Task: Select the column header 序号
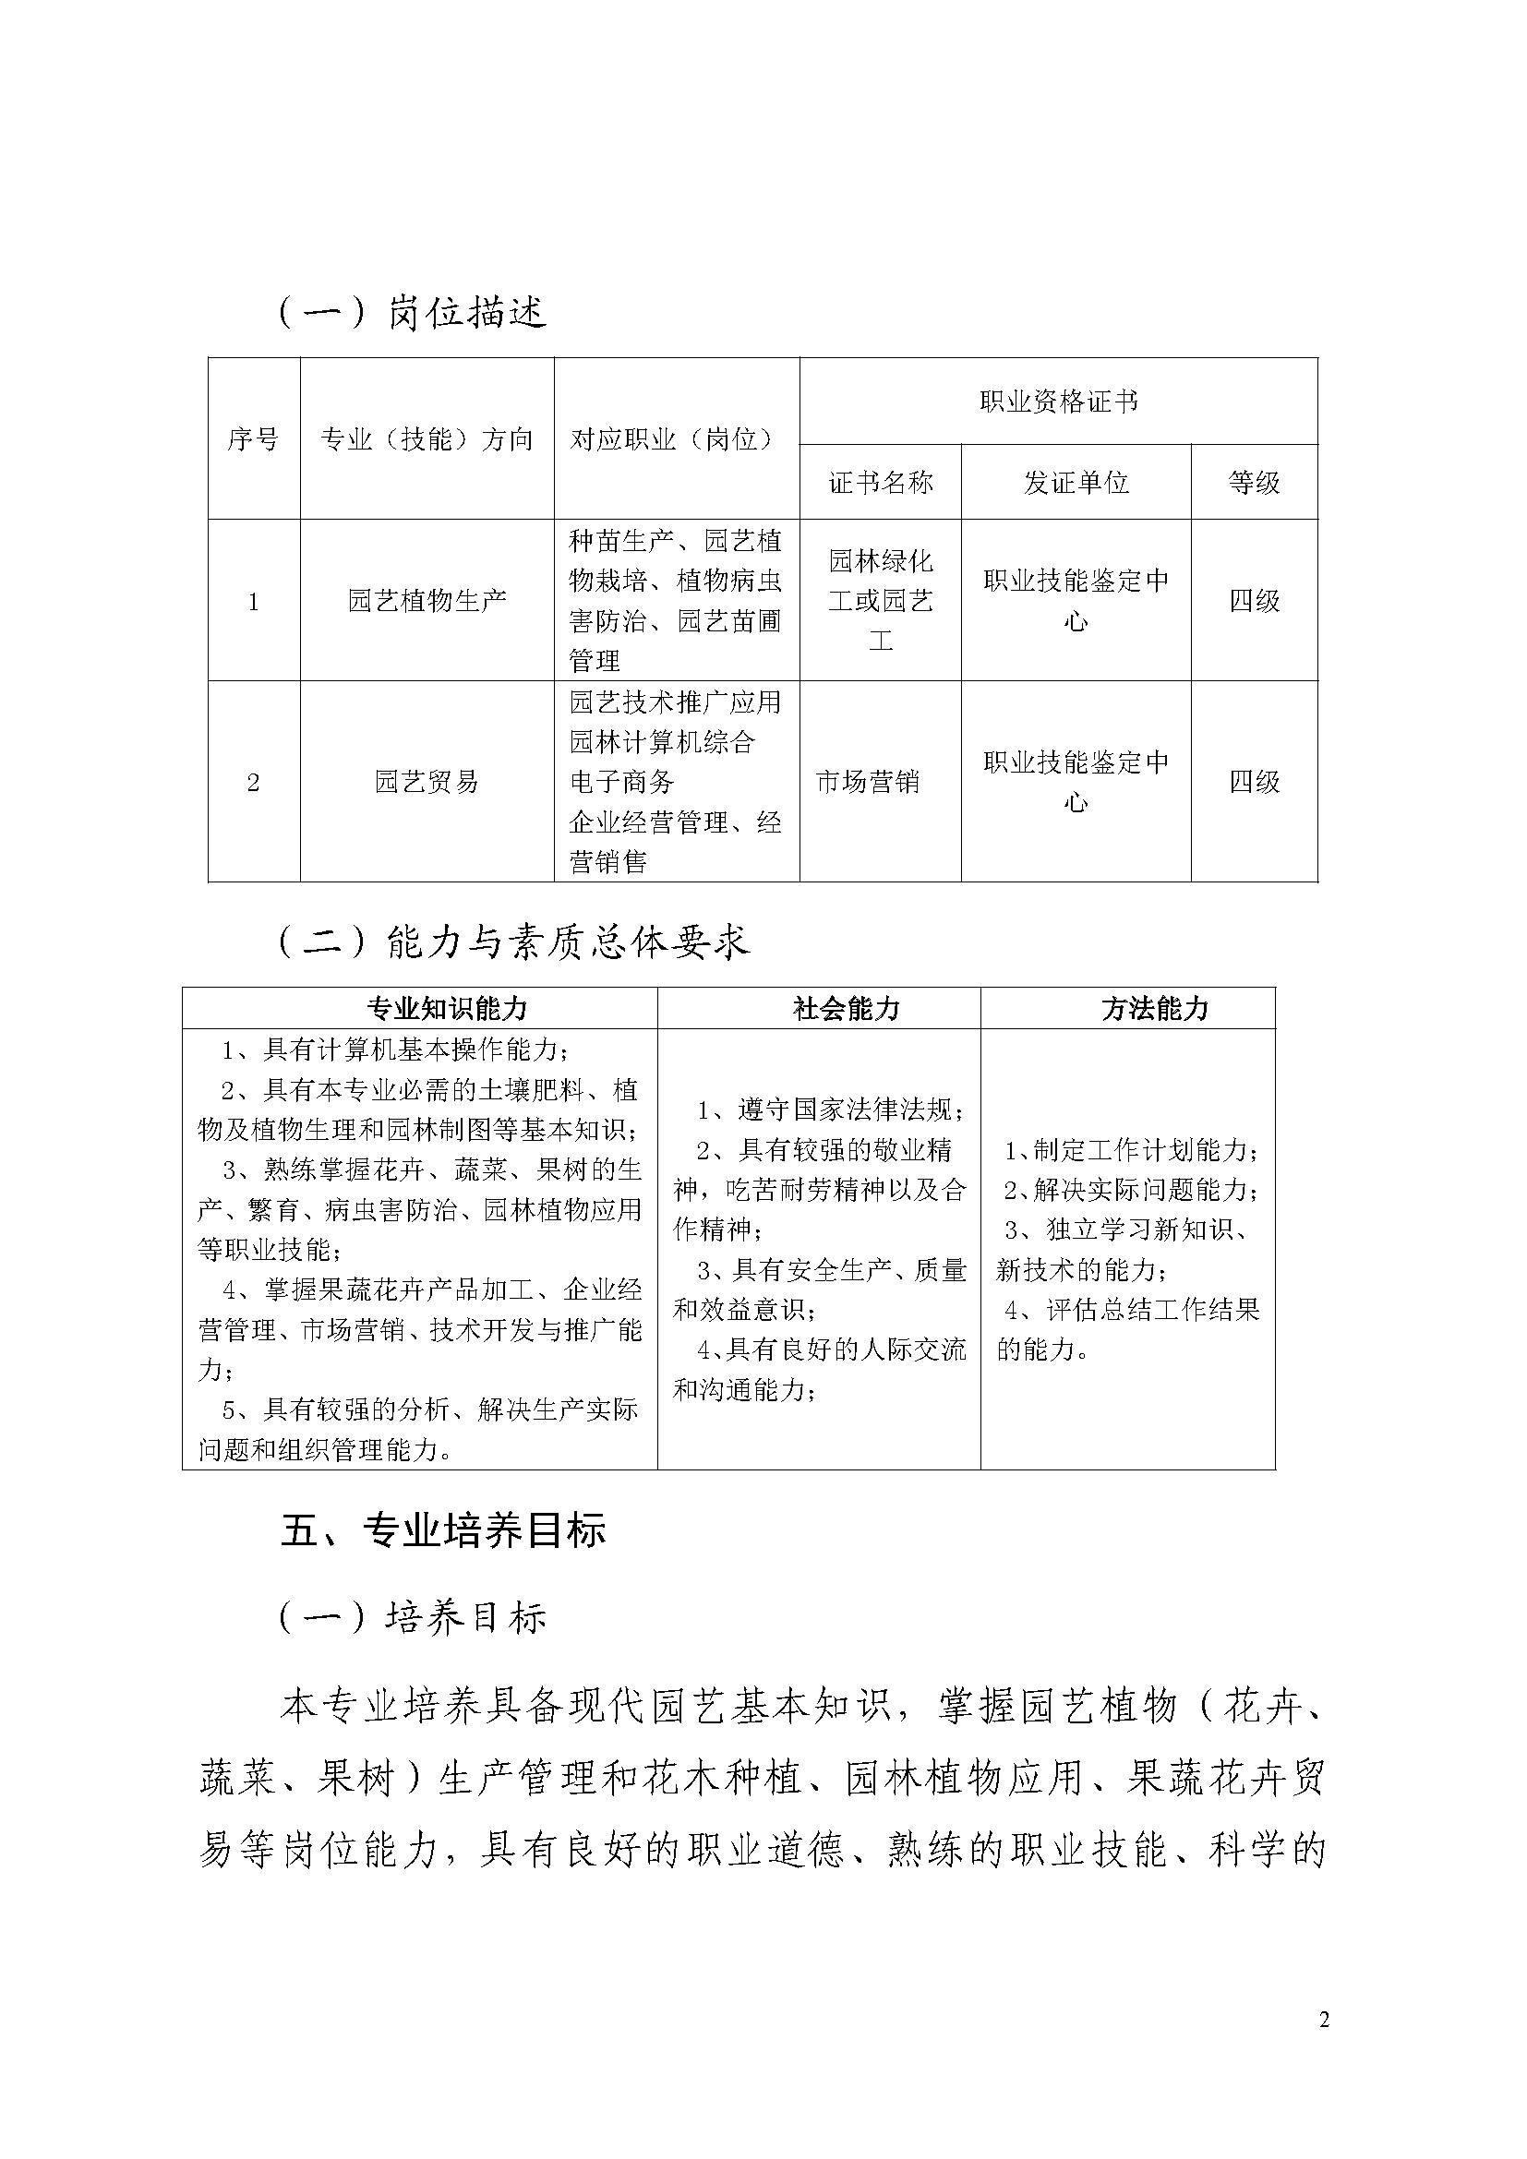pyautogui.click(x=253, y=439)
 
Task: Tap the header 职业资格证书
pyautogui.click(x=1058, y=402)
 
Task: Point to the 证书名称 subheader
pyautogui.click(x=880, y=484)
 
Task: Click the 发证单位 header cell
pyautogui.click(x=1076, y=484)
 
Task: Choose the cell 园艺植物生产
pyautogui.click(x=427, y=601)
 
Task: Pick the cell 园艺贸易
pyautogui.click(x=427, y=782)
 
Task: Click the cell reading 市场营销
pyautogui.click(x=867, y=782)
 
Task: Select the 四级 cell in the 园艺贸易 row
pyautogui.click(x=1255, y=782)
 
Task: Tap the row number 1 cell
pyautogui.click(x=253, y=602)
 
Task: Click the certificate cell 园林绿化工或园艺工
pyautogui.click(x=880, y=601)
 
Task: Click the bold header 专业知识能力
pyautogui.click(x=447, y=1009)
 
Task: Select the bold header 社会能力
pyautogui.click(x=847, y=1009)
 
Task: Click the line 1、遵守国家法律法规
pyautogui.click(x=830, y=1110)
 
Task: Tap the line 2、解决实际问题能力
pyautogui.click(x=1132, y=1191)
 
